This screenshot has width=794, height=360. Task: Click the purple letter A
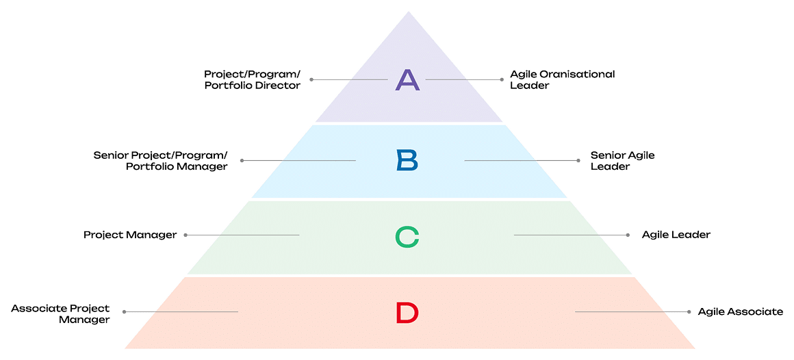pos(408,79)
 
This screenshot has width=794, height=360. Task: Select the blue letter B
pos(408,160)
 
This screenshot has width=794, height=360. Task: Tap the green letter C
pos(407,237)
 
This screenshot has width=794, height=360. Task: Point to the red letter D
pos(407,312)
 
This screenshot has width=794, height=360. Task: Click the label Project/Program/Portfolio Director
pos(252,79)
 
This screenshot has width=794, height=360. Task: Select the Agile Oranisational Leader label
pos(563,79)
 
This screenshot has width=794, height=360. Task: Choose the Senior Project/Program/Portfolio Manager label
pos(161,160)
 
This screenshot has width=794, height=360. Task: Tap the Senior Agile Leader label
pos(623,160)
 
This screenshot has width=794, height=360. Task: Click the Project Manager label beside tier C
pos(130,235)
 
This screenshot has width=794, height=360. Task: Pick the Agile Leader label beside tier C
pos(676,235)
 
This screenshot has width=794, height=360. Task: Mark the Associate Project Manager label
pos(61,314)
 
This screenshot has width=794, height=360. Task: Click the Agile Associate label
pos(741,312)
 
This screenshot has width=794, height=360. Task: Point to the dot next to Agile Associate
pos(689,312)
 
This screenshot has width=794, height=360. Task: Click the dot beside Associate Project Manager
pos(125,312)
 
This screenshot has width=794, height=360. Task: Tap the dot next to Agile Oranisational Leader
pos(501,79)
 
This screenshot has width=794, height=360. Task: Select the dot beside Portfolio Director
pos(311,79)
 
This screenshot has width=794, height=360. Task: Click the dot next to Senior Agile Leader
pos(578,161)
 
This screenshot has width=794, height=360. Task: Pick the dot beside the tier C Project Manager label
pos(185,235)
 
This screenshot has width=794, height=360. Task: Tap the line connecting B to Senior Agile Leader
pos(522,161)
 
